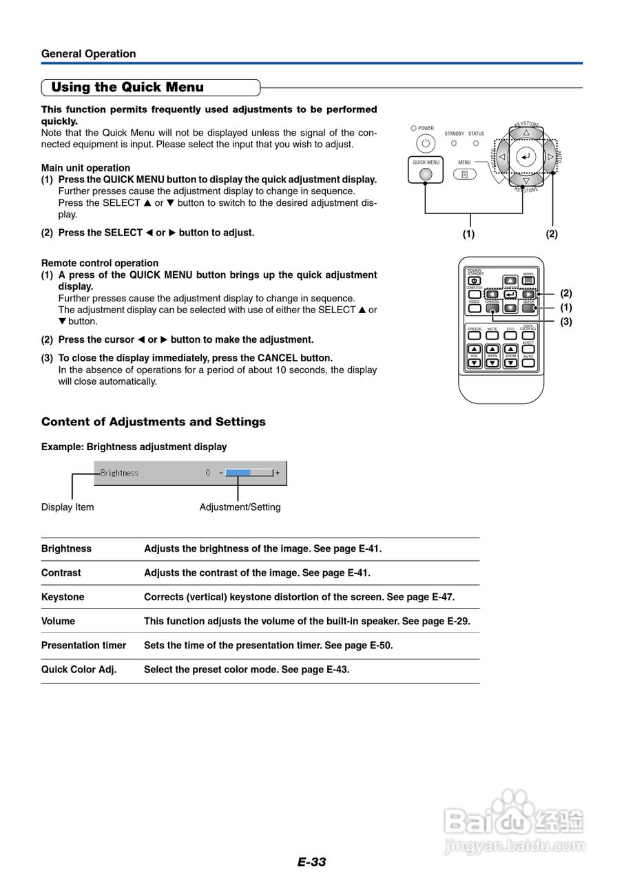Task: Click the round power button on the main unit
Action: click(426, 144)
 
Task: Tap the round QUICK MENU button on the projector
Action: click(426, 174)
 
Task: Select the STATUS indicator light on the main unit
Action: click(476, 143)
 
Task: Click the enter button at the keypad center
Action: click(526, 157)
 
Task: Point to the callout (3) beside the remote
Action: click(566, 321)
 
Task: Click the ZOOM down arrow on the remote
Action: click(510, 362)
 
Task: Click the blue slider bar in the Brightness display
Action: click(238, 473)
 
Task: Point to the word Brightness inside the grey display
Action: click(119, 473)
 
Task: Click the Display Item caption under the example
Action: click(67, 507)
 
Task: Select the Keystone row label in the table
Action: click(63, 597)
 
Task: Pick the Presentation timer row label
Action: click(83, 645)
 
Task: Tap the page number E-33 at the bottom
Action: click(312, 862)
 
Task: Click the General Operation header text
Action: click(88, 54)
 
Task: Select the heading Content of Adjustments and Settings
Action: click(153, 421)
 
